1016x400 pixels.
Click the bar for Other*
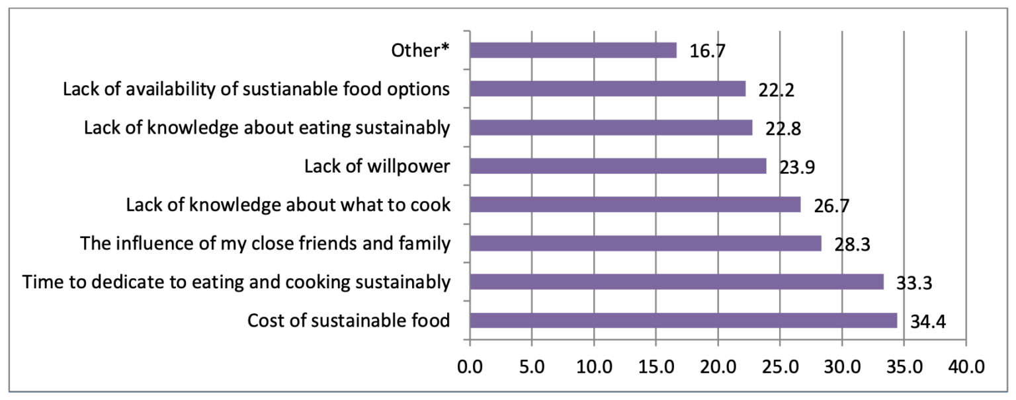tap(573, 50)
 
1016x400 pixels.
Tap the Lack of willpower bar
tap(618, 166)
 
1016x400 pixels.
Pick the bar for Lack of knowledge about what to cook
tap(635, 204)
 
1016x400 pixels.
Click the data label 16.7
tap(708, 52)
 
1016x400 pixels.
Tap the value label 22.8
tap(783, 130)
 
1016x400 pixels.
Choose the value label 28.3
tap(851, 245)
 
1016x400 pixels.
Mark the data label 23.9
tap(796, 168)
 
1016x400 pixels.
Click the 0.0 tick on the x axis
tap(470, 365)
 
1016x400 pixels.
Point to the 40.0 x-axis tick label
tap(966, 365)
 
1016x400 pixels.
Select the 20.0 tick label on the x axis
tap(718, 365)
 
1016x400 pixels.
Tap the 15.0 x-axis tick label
tap(656, 365)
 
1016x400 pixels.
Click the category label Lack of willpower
tap(377, 166)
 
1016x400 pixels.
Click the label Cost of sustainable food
tap(349, 321)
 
